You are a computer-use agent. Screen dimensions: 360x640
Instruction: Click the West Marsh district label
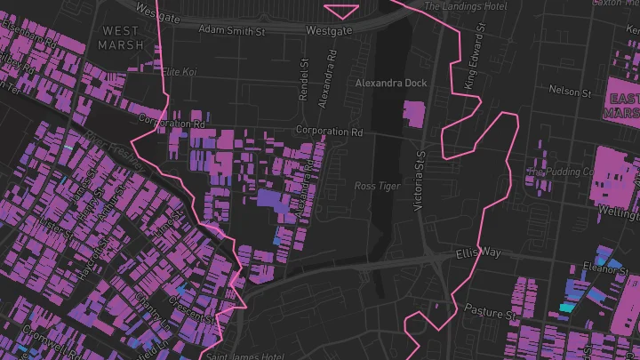(x=121, y=37)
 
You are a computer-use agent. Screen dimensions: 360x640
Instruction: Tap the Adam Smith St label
(x=233, y=30)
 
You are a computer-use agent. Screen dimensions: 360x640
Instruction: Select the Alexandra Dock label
(x=391, y=83)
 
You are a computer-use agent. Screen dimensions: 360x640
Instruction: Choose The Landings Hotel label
(x=465, y=6)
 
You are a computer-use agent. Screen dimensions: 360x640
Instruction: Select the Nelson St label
(x=570, y=91)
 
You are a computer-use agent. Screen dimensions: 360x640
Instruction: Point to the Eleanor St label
(x=605, y=266)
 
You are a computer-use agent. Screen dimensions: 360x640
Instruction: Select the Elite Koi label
(x=178, y=71)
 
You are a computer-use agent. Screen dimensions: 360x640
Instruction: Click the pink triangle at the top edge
(x=342, y=10)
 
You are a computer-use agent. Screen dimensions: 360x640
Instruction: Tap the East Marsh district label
(x=621, y=105)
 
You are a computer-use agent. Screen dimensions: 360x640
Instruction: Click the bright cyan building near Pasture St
(x=565, y=308)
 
